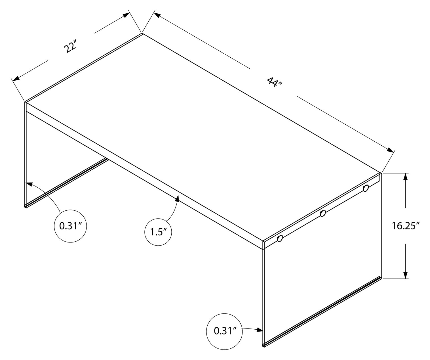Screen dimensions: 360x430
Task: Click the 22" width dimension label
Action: [71, 47]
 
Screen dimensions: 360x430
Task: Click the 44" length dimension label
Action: [274, 83]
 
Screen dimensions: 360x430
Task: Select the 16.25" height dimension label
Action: [406, 226]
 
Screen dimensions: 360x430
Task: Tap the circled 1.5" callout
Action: [158, 232]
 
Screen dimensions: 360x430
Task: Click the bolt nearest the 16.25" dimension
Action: [366, 188]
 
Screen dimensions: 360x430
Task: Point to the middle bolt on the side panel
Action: [322, 213]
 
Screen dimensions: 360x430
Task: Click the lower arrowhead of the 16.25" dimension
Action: [406, 275]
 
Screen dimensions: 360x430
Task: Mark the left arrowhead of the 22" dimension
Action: [16, 78]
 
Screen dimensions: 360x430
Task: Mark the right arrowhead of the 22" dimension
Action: [125, 16]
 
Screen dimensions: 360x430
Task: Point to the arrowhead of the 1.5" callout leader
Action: [178, 198]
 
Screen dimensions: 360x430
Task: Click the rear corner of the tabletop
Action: [142, 34]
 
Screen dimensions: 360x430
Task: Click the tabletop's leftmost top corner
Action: [25, 101]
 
